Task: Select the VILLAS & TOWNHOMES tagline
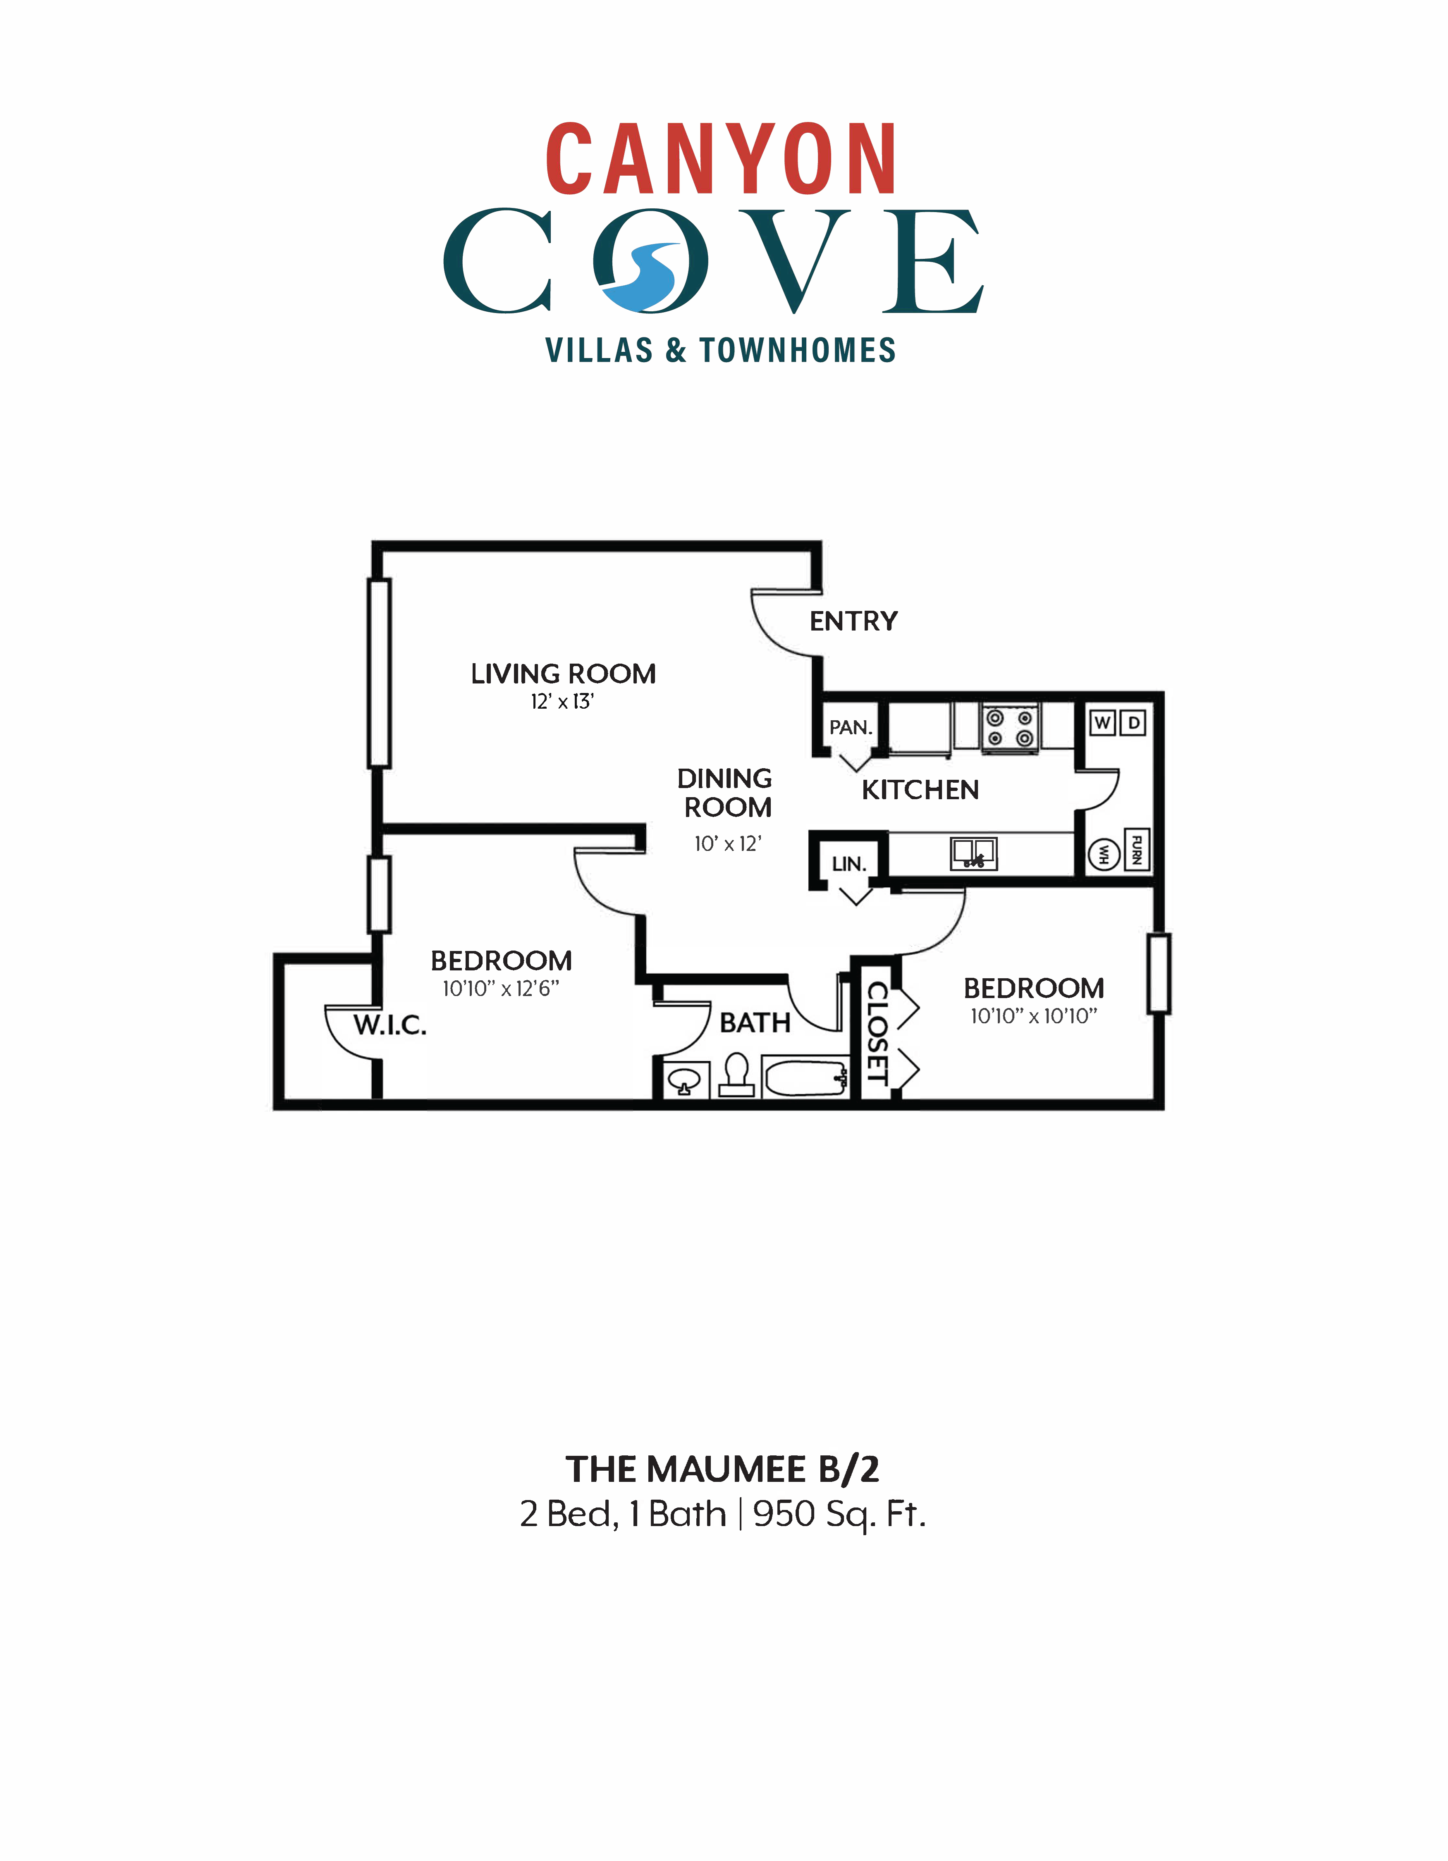[x=720, y=350]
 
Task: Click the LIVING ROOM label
[x=563, y=674]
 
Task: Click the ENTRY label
[x=853, y=621]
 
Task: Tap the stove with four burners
[x=1010, y=728]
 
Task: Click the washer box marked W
[x=1103, y=723]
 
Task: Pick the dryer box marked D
[x=1133, y=723]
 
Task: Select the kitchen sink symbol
[x=973, y=853]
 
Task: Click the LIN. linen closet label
[x=849, y=864]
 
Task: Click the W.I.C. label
[x=390, y=1025]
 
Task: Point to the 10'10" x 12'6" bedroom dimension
[x=500, y=989]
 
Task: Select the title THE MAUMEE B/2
[x=722, y=1469]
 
